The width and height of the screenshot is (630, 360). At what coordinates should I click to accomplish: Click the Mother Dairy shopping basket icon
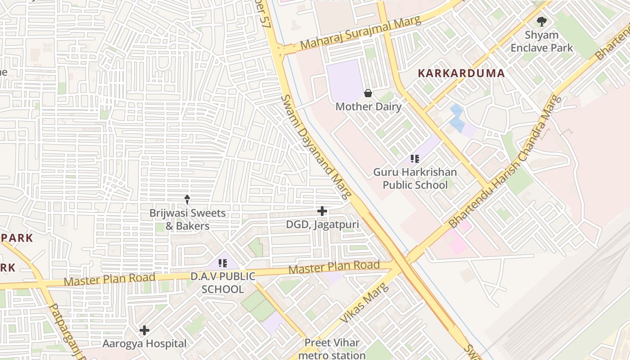pos(368,93)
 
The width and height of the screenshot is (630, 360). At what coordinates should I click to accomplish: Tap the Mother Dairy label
pos(368,107)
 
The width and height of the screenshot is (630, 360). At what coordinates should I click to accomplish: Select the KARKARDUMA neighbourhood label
pos(461,73)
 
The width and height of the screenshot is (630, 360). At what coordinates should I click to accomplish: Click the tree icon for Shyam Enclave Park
pos(542,21)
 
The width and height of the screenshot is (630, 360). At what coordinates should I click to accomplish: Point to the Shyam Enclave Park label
pos(542,41)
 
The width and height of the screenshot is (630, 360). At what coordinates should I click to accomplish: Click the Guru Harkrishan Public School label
pos(415,179)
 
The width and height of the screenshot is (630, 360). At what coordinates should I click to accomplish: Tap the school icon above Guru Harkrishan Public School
pos(415,158)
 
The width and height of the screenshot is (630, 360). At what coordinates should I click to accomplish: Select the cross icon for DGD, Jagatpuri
pos(322,211)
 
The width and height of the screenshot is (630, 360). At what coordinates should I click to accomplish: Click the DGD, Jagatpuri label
pos(322,224)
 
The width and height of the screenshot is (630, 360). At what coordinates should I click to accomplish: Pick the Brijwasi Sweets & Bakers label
pos(187,219)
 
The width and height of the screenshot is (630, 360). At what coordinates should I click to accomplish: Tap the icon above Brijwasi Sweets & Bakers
pos(187,199)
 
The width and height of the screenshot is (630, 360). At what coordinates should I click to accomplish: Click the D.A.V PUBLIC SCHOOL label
pos(223,283)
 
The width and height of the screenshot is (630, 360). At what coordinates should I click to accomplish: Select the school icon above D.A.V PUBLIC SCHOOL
pos(222,263)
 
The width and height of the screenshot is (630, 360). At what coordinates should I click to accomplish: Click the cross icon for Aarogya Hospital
pos(144,330)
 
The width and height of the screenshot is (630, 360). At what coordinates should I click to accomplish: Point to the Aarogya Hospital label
pos(144,344)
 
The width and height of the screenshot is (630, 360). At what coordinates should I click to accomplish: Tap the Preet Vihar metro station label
pos(332,349)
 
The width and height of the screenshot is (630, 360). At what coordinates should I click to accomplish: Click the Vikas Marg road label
pos(363,303)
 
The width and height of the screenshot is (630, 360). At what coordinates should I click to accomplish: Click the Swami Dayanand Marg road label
pos(315,147)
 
